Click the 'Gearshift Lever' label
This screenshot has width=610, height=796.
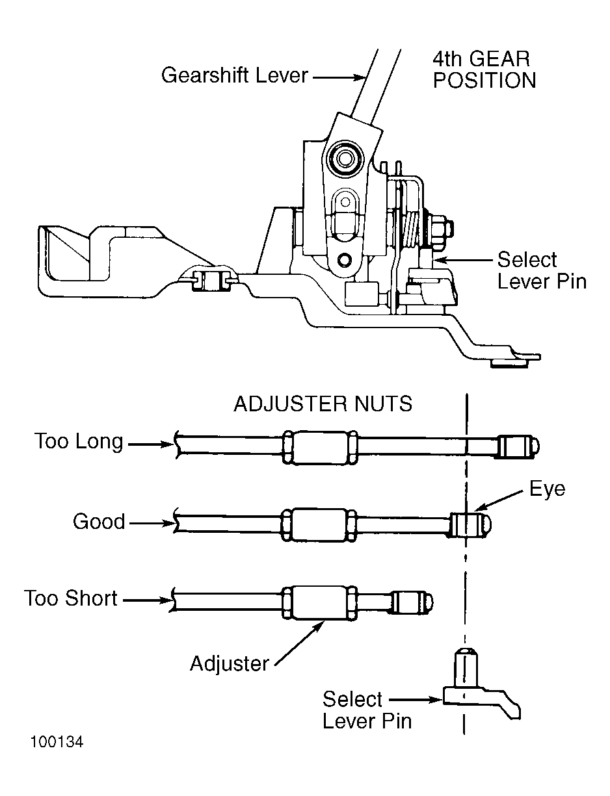[x=234, y=75]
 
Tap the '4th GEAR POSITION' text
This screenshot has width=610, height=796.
[x=484, y=70]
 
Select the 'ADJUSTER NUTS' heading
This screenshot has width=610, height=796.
[x=323, y=404]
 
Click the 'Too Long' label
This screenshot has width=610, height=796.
[x=79, y=442]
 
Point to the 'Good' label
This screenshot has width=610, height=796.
[x=98, y=521]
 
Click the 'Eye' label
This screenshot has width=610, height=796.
[x=547, y=489]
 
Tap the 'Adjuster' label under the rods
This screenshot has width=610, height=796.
[x=229, y=663]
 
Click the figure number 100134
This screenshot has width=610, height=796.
[x=56, y=742]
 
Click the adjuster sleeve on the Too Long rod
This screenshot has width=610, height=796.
[x=319, y=447]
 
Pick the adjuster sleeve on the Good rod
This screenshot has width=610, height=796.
[x=319, y=524]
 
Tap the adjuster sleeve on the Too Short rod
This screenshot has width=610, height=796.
[x=319, y=600]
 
